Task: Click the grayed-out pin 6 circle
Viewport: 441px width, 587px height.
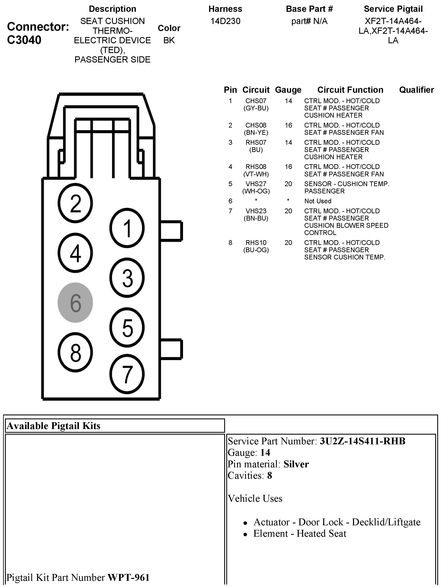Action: tap(75, 303)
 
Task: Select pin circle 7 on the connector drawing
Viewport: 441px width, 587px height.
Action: tap(127, 374)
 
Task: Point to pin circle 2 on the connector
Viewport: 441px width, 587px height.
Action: tap(75, 204)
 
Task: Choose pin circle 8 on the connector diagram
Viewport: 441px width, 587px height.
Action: tap(75, 352)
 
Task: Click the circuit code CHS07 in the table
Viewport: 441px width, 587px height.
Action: tap(256, 101)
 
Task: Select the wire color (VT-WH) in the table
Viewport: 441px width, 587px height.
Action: tap(256, 174)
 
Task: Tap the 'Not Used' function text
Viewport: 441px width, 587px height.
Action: tap(318, 201)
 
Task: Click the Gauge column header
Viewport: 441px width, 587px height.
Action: tap(288, 90)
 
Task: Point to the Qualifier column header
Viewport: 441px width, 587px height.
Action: tap(416, 90)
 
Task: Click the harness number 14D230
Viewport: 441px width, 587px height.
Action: tap(225, 21)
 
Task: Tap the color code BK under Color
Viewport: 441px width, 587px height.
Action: tap(169, 40)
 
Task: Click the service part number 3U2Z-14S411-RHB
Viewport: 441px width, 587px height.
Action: tap(363, 441)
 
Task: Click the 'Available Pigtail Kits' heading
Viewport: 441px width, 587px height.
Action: tap(54, 426)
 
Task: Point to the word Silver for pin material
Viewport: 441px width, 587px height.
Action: tap(296, 464)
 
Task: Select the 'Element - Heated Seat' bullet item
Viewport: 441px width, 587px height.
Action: tap(300, 533)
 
